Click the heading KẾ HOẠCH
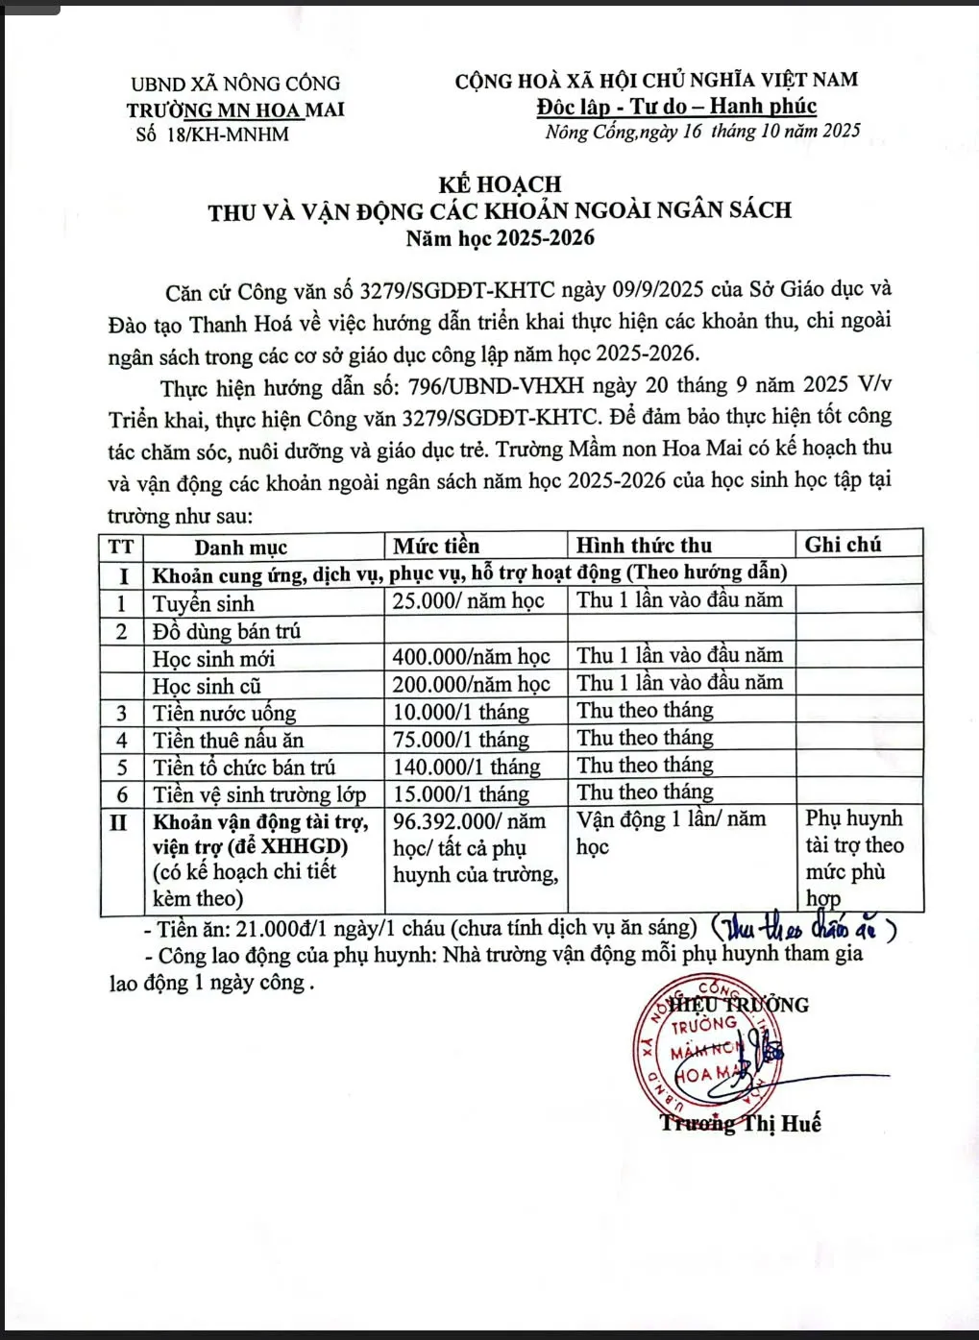tap(500, 183)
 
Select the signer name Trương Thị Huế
tap(740, 1123)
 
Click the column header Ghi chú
tap(843, 545)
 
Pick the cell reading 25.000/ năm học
tap(468, 601)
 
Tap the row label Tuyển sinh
tap(203, 603)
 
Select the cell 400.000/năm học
tap(471, 656)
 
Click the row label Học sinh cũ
tap(207, 685)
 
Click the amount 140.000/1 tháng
tap(466, 767)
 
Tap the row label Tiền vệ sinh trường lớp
tap(259, 794)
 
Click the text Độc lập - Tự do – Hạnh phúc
tap(676, 107)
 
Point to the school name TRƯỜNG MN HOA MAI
tap(235, 110)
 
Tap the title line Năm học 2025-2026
tap(500, 238)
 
